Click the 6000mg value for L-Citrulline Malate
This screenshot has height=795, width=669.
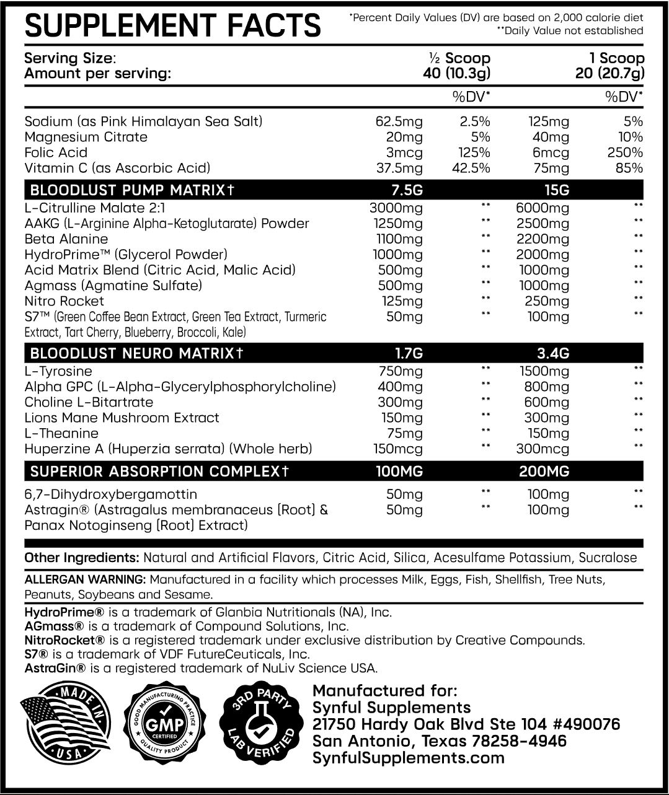pos(542,208)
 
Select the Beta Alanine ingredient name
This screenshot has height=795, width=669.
pos(66,239)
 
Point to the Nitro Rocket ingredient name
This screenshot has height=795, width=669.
pos(64,301)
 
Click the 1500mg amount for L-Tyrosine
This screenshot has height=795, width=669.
pos(544,372)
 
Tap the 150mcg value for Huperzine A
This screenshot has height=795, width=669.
pos(397,449)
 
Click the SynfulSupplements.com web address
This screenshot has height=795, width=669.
pos(409,757)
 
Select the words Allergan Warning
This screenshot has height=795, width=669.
pos(84,580)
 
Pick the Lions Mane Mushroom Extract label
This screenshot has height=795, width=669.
pos(122,418)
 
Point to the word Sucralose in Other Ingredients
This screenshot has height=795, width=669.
pos(608,558)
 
